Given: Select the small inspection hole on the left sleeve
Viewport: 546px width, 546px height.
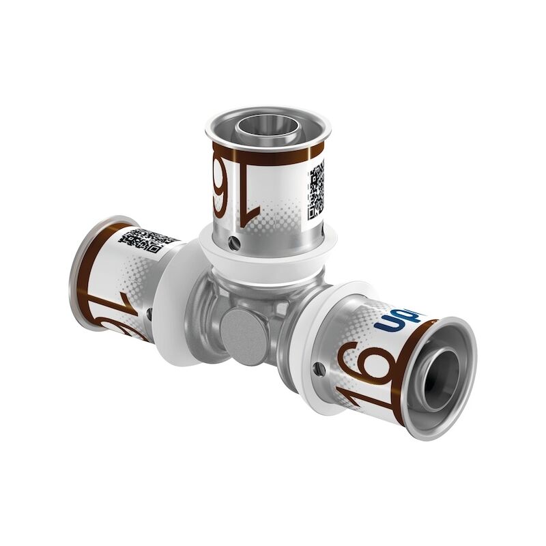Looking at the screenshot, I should coord(149,315).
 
